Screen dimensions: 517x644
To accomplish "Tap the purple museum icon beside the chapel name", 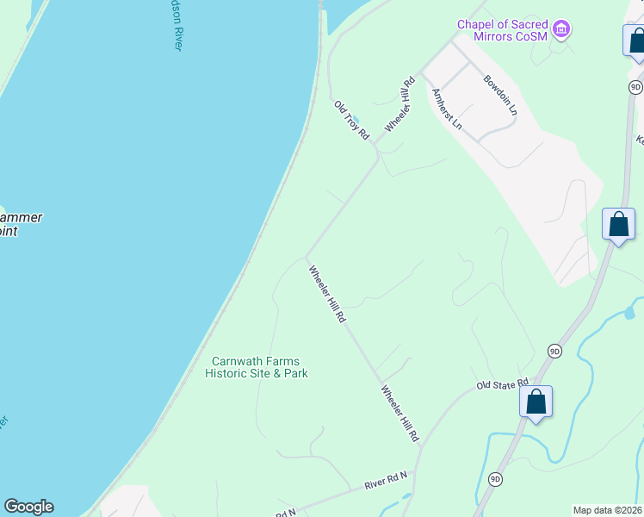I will (x=562, y=30).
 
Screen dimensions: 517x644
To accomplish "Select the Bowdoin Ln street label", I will (x=500, y=95).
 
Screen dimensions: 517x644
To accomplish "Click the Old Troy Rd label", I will (x=351, y=120).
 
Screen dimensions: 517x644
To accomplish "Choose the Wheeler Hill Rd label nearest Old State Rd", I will (x=400, y=414).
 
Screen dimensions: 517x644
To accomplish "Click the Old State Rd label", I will (x=503, y=383).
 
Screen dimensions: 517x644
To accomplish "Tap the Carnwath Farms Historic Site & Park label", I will (x=257, y=368).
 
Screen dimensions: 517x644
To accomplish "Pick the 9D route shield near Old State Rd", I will (x=554, y=351).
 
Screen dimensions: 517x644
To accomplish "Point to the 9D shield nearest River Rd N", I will (x=495, y=478).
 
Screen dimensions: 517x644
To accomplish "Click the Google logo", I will (x=28, y=507).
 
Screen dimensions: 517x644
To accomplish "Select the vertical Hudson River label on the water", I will (x=173, y=26).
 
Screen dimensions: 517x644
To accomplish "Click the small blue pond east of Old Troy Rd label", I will (x=356, y=121).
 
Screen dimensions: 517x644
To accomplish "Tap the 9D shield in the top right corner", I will (x=635, y=87).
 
